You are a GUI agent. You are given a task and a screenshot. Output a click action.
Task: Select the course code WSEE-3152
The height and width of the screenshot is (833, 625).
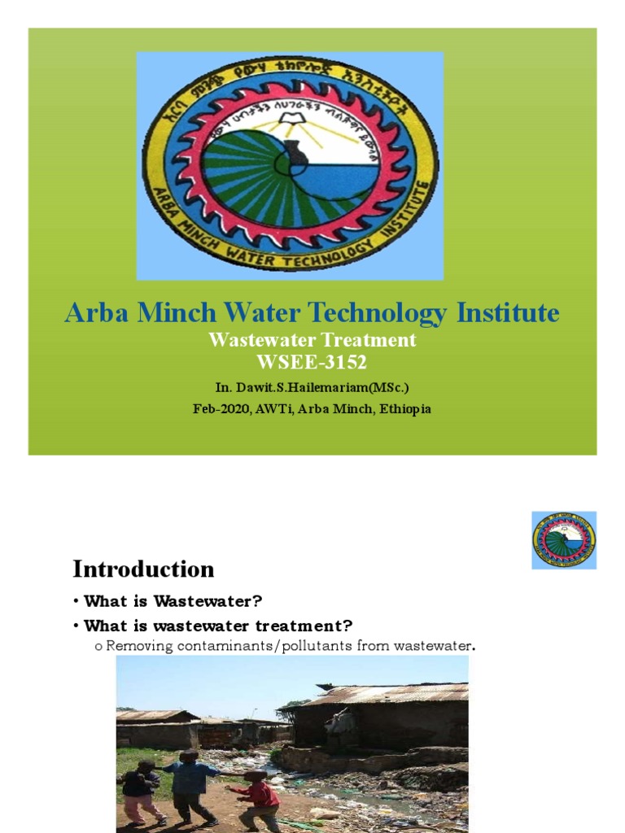[312, 362]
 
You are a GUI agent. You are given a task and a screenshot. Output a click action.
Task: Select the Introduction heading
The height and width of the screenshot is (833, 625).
[143, 569]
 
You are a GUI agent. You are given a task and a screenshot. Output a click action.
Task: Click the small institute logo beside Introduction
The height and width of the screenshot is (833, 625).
[563, 540]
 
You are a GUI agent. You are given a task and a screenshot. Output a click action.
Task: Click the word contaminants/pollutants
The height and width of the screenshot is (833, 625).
[265, 646]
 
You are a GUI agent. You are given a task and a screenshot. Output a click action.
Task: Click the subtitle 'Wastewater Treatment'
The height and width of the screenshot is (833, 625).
[312, 340]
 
